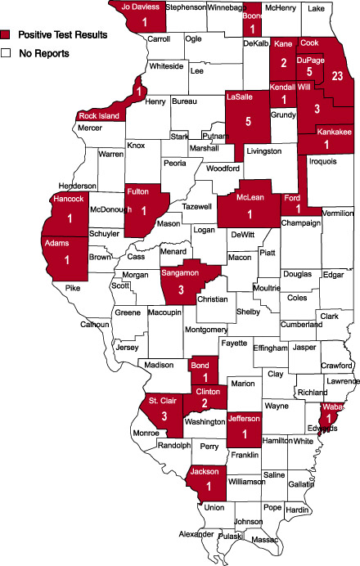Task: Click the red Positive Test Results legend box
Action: coord(7,35)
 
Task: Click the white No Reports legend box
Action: coord(7,53)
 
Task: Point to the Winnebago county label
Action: coord(226,7)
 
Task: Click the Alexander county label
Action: coord(197,535)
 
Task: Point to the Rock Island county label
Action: coord(99,116)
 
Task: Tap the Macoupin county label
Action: coord(165,312)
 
